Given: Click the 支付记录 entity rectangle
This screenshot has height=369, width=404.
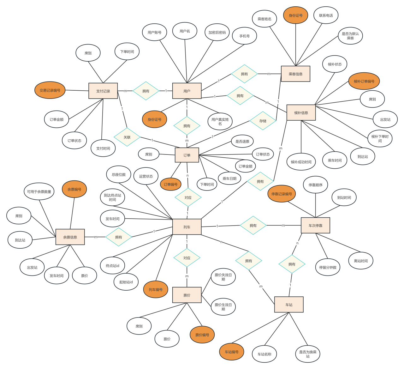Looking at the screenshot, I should [103, 91].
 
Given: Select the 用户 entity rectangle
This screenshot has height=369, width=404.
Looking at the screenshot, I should [187, 91].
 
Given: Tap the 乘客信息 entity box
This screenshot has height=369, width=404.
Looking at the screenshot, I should [295, 74].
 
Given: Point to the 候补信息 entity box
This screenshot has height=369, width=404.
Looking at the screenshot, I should [301, 113].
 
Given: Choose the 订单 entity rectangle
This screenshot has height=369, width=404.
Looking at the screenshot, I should [187, 155].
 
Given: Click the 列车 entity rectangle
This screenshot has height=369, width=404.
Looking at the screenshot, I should [187, 227].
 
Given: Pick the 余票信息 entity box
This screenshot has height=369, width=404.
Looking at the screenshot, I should [70, 237].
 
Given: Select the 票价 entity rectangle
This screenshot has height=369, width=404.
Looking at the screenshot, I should [187, 295].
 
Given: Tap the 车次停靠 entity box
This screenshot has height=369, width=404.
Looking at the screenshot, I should [315, 226].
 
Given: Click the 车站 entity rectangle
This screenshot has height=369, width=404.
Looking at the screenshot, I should [289, 305].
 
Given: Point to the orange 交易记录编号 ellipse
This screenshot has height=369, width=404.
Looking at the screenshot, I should [50, 90].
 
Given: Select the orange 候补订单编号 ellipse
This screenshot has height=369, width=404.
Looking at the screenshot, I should [364, 81].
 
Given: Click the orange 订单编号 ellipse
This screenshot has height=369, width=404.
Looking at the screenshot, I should [171, 184].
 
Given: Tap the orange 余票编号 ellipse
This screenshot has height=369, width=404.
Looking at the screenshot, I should [74, 189].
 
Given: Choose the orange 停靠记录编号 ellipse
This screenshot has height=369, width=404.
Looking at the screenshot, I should [282, 194].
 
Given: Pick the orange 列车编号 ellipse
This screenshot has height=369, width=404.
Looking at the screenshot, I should [156, 289].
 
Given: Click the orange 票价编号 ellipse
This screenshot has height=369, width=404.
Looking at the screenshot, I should [202, 335].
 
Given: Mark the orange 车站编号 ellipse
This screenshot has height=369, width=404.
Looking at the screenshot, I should [232, 352].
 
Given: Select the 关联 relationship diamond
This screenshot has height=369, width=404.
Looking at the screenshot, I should [127, 137].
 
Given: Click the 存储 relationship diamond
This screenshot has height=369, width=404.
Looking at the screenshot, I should [263, 121].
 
